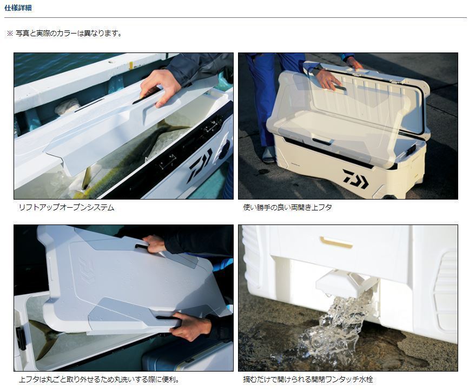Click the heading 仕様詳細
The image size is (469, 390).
[x=18, y=8]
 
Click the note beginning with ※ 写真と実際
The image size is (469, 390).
[x=64, y=34]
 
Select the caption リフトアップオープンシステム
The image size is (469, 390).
[x=66, y=207]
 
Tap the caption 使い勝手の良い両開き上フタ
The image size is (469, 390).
[x=287, y=207]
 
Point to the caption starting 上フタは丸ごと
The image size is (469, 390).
[x=99, y=380]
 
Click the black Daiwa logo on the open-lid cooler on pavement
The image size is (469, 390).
[x=355, y=178]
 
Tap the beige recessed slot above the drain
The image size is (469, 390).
[x=335, y=242]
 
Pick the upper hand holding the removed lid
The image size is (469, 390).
[x=155, y=243]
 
